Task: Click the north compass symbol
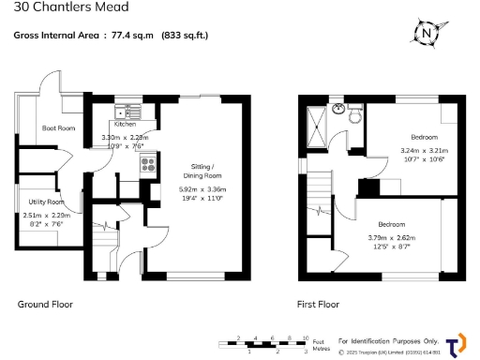(427, 33)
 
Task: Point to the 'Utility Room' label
(43, 202)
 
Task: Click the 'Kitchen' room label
(126, 124)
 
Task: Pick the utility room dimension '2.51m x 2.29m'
(43, 215)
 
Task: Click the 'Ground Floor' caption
(45, 304)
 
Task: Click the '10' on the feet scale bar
(306, 337)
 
